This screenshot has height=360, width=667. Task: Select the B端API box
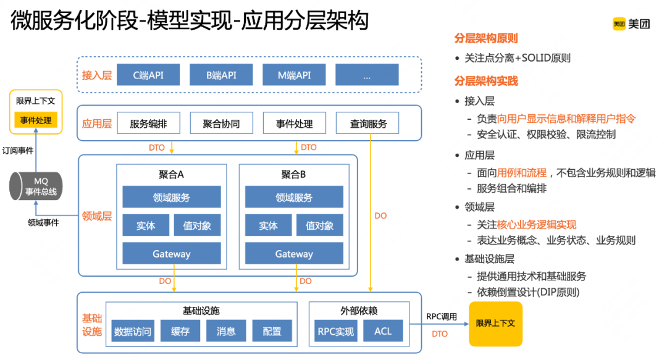[x=221, y=75]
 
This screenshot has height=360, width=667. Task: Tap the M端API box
[x=294, y=75]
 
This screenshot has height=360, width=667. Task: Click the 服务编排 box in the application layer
[x=148, y=123]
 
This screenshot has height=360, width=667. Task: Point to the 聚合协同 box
[x=221, y=123]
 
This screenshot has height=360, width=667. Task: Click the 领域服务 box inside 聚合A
[x=172, y=198]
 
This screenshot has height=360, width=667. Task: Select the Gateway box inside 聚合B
[x=294, y=254]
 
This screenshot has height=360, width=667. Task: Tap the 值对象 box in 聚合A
[x=197, y=226]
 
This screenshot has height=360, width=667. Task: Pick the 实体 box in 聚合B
[x=268, y=226]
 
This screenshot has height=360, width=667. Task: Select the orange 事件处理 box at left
[x=36, y=120]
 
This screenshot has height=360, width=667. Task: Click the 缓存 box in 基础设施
[x=180, y=331]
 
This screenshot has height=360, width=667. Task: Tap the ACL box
[x=383, y=331]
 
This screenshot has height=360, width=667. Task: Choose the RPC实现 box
[x=335, y=331]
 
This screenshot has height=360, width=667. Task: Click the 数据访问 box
[x=133, y=331]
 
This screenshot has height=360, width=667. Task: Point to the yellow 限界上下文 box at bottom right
[x=495, y=324]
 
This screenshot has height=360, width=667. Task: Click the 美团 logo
[x=631, y=24]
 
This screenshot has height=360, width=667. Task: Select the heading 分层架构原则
[x=486, y=38]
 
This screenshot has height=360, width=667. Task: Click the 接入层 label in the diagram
[x=97, y=75]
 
